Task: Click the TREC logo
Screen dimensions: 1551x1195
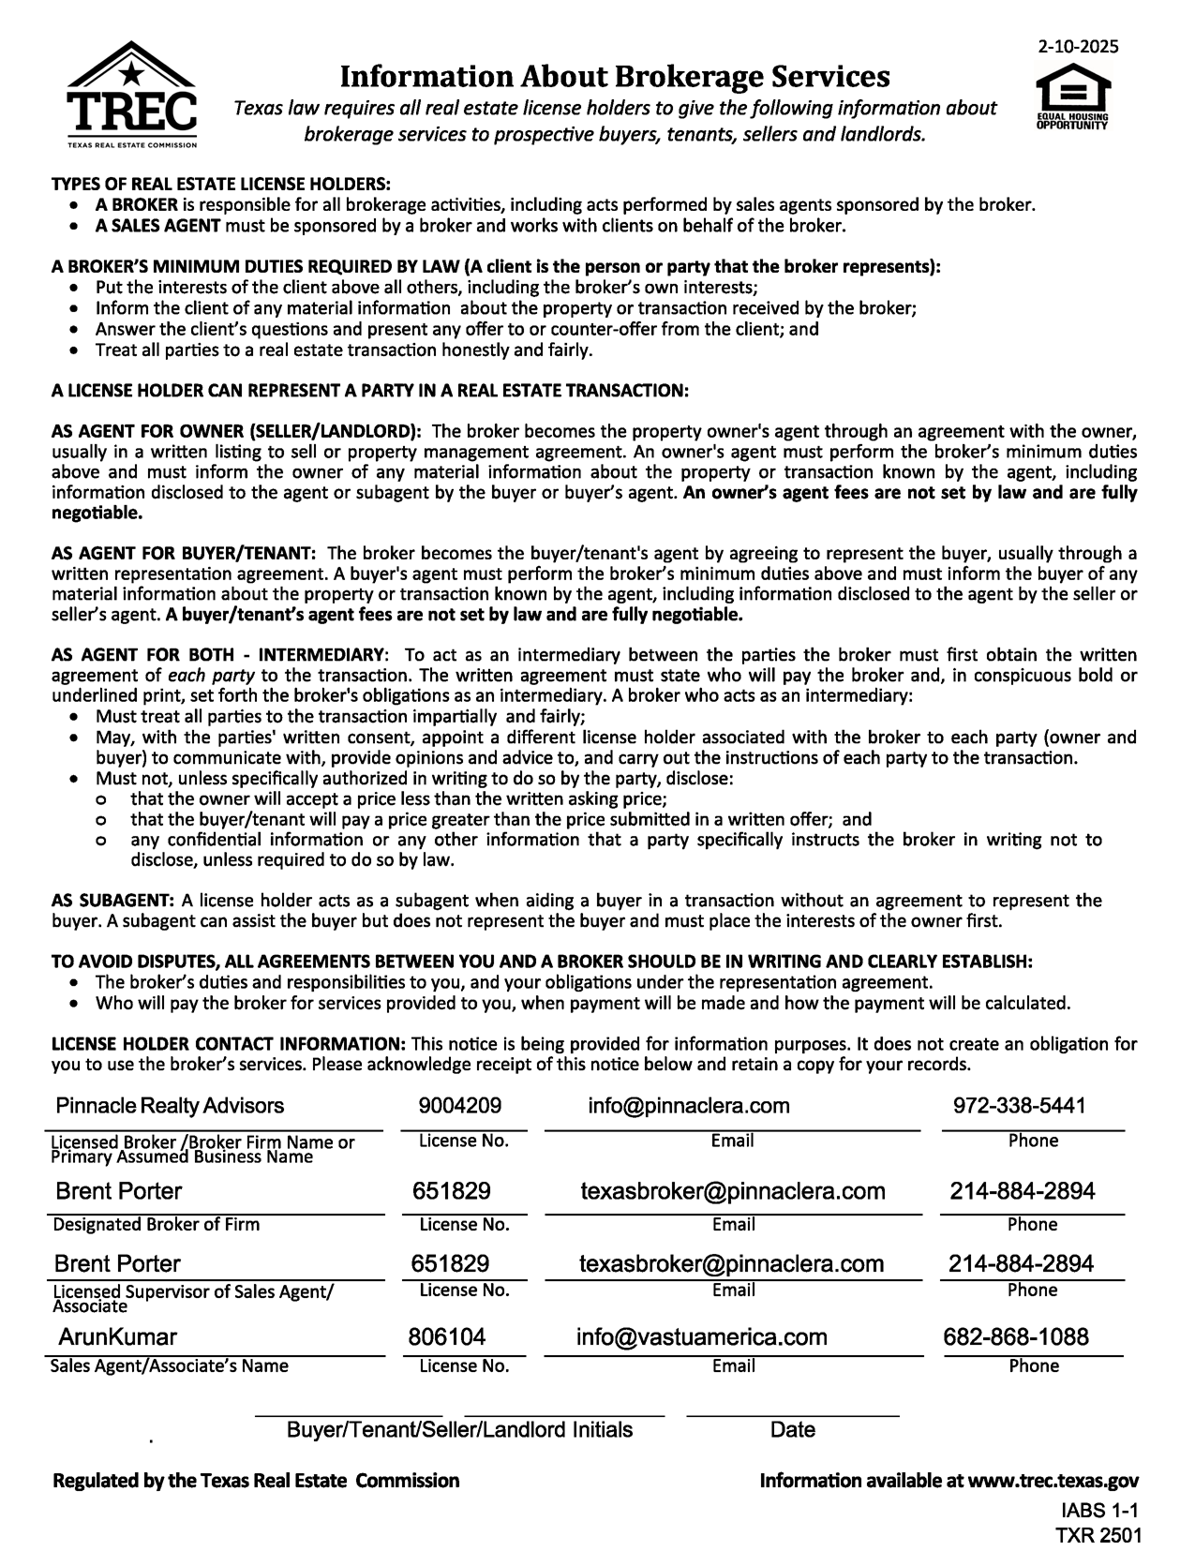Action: [x=132, y=96]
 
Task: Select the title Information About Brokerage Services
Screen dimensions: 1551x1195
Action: [x=614, y=75]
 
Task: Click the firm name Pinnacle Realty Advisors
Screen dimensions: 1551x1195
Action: [x=170, y=1106]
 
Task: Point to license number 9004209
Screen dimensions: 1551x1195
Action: [x=459, y=1106]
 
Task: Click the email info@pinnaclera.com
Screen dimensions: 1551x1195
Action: [x=689, y=1106]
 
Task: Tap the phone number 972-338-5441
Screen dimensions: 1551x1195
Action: [x=1020, y=1106]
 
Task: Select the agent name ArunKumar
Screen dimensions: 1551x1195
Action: [x=118, y=1336]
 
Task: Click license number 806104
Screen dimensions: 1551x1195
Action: [x=447, y=1336]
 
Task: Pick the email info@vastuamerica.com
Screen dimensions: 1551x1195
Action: [x=702, y=1336]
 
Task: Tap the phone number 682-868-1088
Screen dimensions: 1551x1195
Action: [x=1016, y=1336]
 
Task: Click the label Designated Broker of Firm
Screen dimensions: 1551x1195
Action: [x=157, y=1225]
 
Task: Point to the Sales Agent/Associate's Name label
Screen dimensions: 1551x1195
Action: [x=169, y=1365]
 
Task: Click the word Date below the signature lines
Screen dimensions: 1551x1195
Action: [x=792, y=1430]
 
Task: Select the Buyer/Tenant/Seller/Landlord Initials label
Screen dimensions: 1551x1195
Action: [x=459, y=1430]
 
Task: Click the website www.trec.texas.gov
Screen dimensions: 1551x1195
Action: [x=1053, y=1481]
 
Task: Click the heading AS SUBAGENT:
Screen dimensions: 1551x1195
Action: [x=112, y=901]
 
